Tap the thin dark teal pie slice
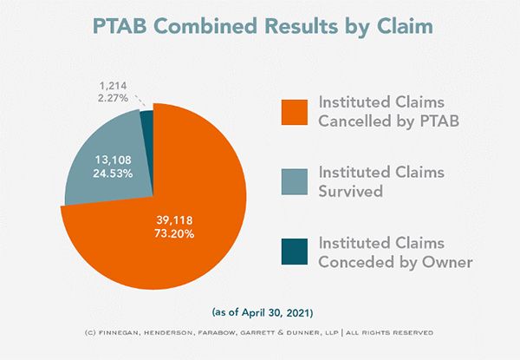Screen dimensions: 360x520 tap(146, 120)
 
